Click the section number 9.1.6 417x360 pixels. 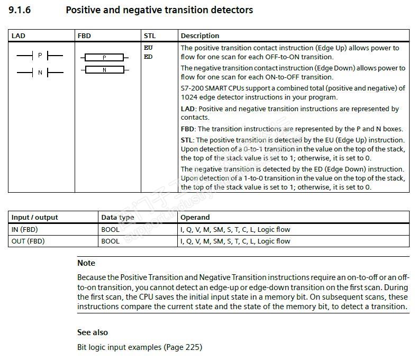[x=20, y=10]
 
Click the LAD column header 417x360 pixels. [x=18, y=36]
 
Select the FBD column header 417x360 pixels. [x=84, y=36]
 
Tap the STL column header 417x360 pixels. [x=149, y=36]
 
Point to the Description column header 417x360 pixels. [x=200, y=36]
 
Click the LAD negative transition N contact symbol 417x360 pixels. [x=40, y=73]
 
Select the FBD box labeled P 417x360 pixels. [x=104, y=57]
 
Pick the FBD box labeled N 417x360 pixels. [x=104, y=70]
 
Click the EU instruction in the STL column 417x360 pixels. [x=148, y=48]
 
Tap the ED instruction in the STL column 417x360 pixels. [x=148, y=57]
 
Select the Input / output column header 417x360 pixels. [x=34, y=218]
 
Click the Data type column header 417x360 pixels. [x=117, y=218]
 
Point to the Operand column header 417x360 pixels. [x=195, y=218]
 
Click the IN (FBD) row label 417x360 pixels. [x=24, y=230]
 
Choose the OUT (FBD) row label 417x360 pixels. [x=28, y=241]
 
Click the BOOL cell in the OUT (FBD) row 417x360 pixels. [x=110, y=241]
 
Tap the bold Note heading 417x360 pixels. [x=86, y=263]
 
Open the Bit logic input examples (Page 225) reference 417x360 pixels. [x=140, y=348]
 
